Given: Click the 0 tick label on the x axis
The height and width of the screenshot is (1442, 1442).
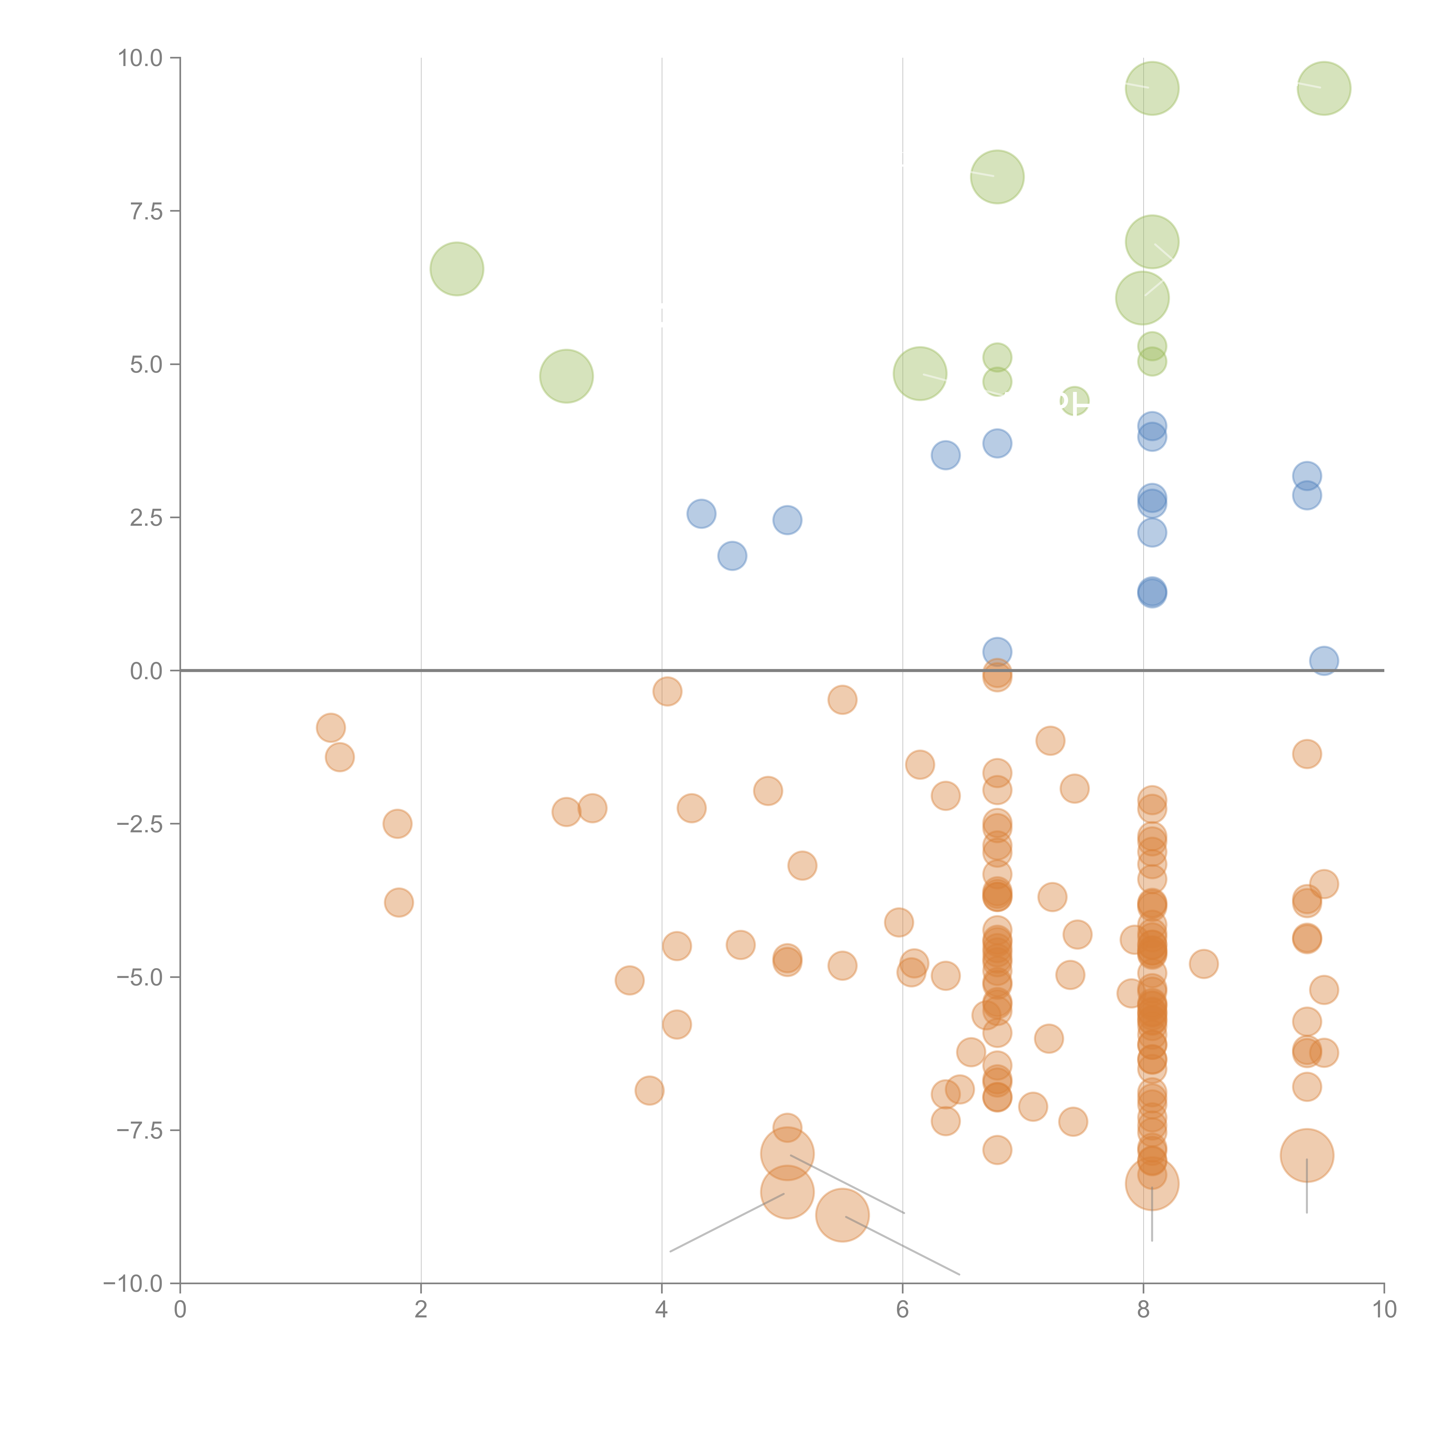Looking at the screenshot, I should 180,1310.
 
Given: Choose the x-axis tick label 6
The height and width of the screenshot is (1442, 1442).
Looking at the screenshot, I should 902,1310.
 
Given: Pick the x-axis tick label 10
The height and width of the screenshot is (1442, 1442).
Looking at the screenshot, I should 1384,1310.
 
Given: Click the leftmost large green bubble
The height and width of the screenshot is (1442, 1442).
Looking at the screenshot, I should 457,269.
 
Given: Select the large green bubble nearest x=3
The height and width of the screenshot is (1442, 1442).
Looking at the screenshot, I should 566,376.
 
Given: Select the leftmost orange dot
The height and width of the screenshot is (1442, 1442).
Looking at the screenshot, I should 331,728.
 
